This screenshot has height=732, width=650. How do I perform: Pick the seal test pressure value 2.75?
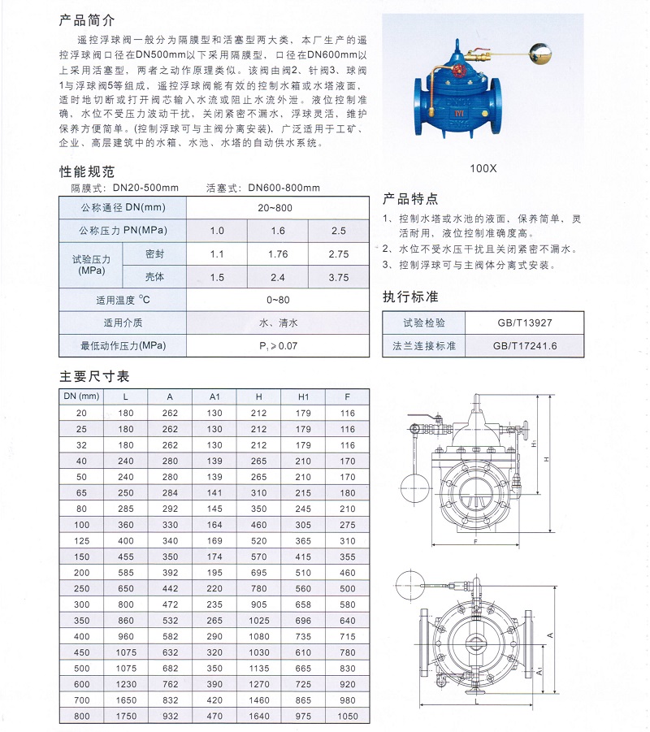coord(338,254)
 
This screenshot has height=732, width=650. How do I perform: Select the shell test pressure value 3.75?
coord(338,277)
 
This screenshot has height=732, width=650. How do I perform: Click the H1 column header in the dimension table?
coord(303,396)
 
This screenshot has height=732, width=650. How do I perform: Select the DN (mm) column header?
coord(81,396)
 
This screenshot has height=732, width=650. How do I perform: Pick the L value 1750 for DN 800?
coord(125,715)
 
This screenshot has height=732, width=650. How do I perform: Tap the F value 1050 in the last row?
coord(347,715)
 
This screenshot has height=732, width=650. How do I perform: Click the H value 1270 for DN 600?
coord(258,684)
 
